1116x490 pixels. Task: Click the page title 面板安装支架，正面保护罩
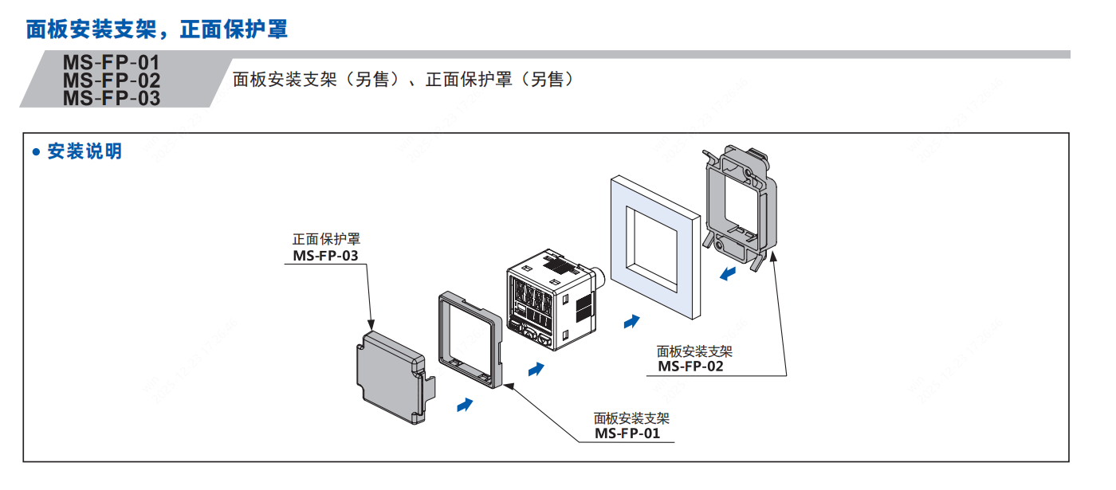click(x=156, y=30)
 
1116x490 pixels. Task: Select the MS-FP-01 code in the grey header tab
click(x=112, y=62)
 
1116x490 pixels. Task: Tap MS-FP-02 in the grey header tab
click(x=112, y=80)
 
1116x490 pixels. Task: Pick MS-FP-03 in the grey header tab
click(x=112, y=98)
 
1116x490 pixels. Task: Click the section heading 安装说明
click(x=84, y=151)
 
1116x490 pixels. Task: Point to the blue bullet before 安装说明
click(x=35, y=152)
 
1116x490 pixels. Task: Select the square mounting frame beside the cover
click(x=470, y=339)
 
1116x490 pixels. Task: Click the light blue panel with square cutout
click(x=654, y=247)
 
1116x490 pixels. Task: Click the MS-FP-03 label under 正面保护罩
click(x=325, y=256)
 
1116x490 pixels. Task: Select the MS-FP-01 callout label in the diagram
click(x=627, y=433)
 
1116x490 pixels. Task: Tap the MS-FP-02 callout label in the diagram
click(x=690, y=367)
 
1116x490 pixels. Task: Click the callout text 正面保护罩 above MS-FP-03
click(x=326, y=239)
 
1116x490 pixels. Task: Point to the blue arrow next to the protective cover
click(x=464, y=406)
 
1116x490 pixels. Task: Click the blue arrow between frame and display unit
click(x=536, y=369)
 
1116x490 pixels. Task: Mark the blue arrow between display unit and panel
click(x=631, y=320)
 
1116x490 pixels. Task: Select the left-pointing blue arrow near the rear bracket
click(x=727, y=275)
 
